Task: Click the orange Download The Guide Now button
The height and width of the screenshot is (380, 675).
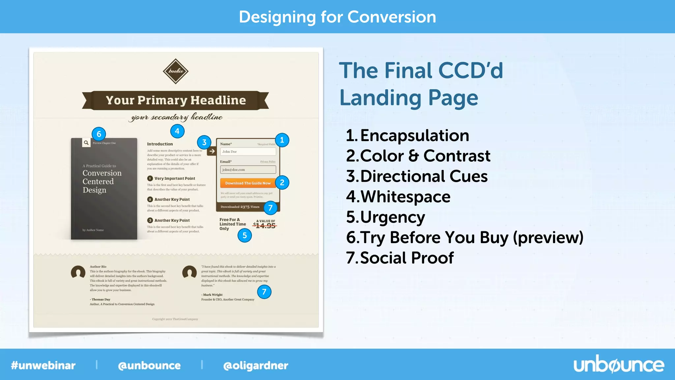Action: tap(248, 183)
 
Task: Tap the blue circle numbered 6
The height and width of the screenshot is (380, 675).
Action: tap(99, 134)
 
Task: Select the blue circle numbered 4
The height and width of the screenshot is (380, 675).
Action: tap(177, 131)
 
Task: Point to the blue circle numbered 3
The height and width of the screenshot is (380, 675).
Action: tap(204, 142)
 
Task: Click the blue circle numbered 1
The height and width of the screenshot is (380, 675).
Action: tap(282, 140)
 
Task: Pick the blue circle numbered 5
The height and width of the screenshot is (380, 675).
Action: tap(245, 236)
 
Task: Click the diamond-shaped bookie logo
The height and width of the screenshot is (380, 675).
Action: tap(176, 71)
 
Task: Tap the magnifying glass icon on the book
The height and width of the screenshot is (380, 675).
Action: tap(86, 143)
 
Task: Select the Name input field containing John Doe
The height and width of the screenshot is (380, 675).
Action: tap(248, 152)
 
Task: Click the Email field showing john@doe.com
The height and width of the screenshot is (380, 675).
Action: tap(248, 170)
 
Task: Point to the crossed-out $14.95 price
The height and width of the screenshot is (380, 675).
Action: tap(265, 226)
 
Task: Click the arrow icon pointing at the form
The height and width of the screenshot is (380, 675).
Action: tap(212, 151)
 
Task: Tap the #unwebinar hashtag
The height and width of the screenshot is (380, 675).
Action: tap(43, 365)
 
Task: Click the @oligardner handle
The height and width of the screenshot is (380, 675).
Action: tap(255, 365)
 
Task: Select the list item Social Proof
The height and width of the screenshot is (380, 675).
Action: tap(407, 258)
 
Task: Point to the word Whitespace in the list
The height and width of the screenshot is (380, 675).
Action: tap(405, 197)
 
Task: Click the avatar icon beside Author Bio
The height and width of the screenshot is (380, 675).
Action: tap(78, 272)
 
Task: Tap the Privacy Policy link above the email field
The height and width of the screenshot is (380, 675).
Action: tap(268, 162)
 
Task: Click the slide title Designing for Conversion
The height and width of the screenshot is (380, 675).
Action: tap(337, 17)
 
